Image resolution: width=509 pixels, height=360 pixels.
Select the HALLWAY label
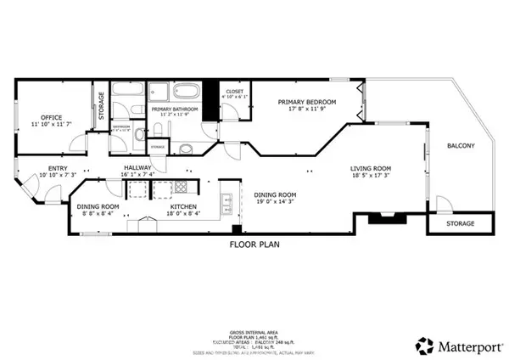pos(137,168)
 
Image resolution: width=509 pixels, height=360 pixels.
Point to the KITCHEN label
pos(183,206)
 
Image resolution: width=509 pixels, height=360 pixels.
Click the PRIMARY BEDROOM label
pos(307,102)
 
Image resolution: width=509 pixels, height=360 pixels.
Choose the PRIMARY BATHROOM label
pos(174,110)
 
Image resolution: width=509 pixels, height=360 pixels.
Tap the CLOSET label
pos(233,92)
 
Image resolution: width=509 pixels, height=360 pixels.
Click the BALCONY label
pos(461,146)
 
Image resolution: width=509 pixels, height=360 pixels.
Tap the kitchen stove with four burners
pos(180,187)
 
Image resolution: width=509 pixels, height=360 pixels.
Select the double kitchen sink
pos(227,201)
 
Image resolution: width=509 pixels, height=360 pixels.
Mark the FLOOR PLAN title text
pos(255,244)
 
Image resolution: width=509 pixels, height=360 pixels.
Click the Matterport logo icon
pos(423,346)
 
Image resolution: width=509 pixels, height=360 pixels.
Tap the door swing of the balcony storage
pos(442,205)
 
